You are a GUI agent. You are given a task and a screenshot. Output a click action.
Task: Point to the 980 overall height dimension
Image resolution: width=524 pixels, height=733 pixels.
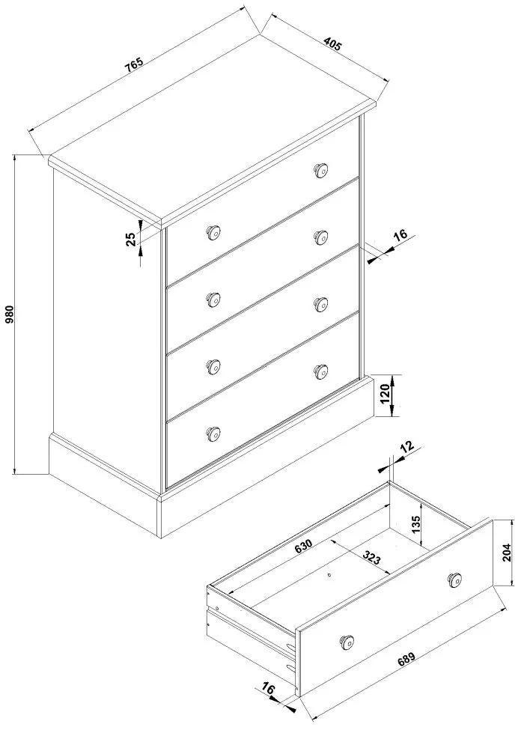tap(10, 316)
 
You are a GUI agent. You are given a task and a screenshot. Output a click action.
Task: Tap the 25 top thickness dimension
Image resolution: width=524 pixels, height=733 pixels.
tap(130, 240)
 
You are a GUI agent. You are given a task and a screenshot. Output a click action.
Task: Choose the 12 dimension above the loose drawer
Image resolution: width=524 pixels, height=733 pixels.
tap(406, 448)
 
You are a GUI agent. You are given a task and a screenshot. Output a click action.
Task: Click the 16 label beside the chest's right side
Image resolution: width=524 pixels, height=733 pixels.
tap(400, 236)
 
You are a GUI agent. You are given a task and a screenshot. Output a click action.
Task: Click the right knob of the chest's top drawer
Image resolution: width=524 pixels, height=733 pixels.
tap(321, 170)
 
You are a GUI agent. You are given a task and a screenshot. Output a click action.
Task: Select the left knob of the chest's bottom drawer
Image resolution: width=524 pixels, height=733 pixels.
tap(213, 432)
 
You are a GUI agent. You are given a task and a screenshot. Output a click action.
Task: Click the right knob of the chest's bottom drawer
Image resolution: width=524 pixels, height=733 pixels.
tap(321, 371)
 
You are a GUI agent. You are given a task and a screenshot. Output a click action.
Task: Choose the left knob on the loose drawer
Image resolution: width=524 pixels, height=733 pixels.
tap(347, 640)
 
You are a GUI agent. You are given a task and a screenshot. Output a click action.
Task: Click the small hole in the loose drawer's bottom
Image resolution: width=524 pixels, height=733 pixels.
tap(329, 575)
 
